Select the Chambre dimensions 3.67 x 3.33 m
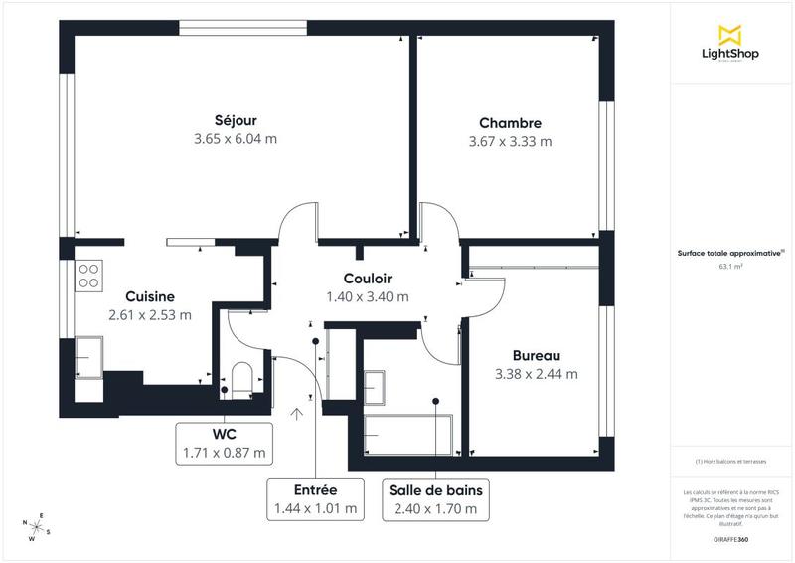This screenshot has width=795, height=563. tap(510, 141)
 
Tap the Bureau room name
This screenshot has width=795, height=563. tap(537, 355)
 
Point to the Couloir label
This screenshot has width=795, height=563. tap(368, 279)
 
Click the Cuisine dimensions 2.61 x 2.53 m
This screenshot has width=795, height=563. tap(150, 315)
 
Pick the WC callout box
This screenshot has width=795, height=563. tap(224, 443)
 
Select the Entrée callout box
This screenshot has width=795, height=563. tap(315, 499)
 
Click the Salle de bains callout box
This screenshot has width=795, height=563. tap(436, 499)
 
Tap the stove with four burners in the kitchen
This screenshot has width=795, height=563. tap(88, 275)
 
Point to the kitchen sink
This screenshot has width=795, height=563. tap(89, 355)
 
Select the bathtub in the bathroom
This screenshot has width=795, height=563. tap(408, 433)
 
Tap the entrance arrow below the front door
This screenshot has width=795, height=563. tap(296, 415)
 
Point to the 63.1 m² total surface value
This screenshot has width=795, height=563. tap(731, 267)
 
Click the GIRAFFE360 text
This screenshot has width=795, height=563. tap(730, 537)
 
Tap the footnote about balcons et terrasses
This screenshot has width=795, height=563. tap(731, 462)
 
